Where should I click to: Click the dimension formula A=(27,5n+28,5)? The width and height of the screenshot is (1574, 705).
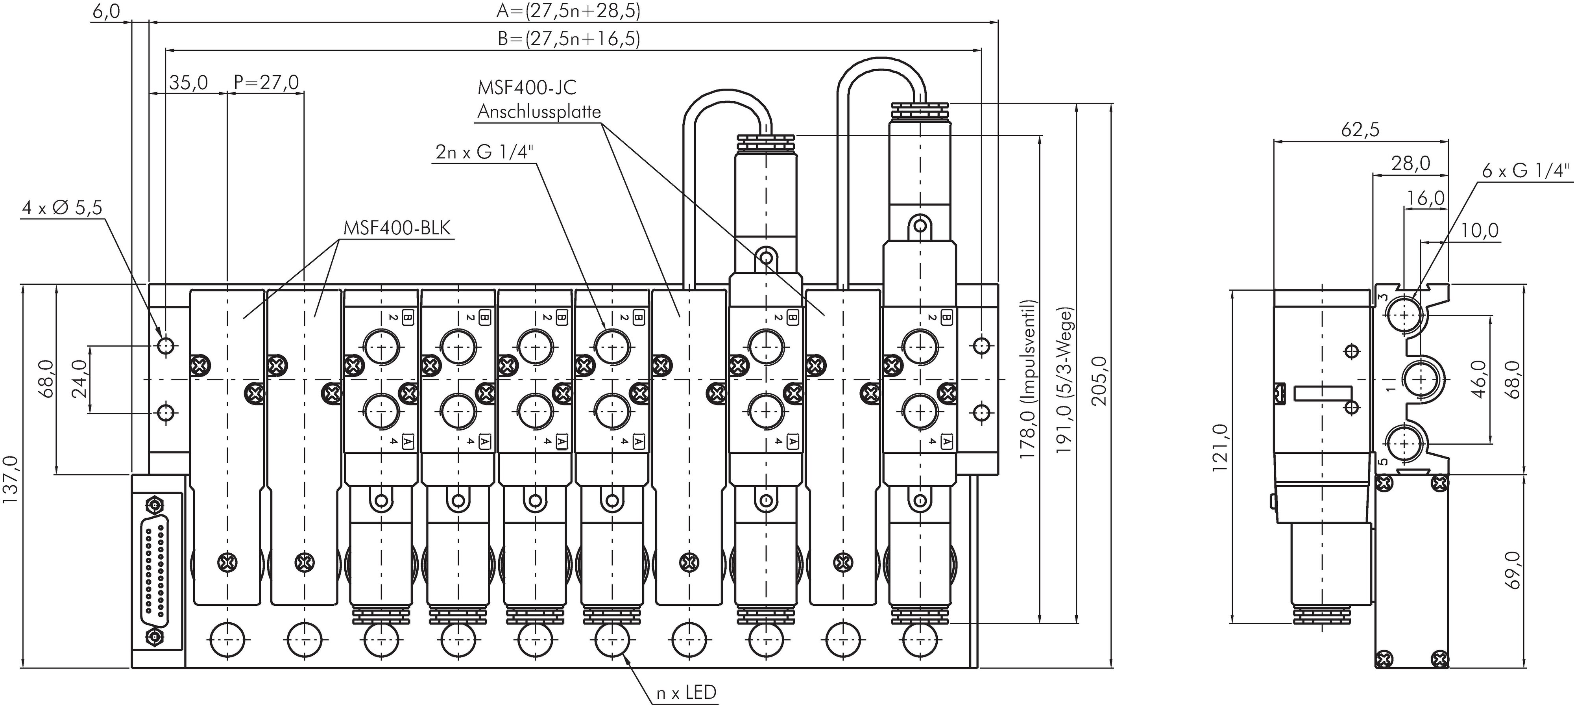point(568,11)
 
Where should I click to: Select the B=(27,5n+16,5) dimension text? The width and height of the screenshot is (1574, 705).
point(568,39)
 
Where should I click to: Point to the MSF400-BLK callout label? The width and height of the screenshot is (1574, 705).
point(397,228)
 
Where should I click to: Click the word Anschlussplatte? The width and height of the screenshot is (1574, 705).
point(539,112)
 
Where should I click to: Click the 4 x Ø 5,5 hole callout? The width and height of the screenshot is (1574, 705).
point(62,208)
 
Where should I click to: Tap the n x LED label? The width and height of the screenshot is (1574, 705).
point(685,693)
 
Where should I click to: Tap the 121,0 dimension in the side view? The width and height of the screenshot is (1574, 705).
point(1220,447)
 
